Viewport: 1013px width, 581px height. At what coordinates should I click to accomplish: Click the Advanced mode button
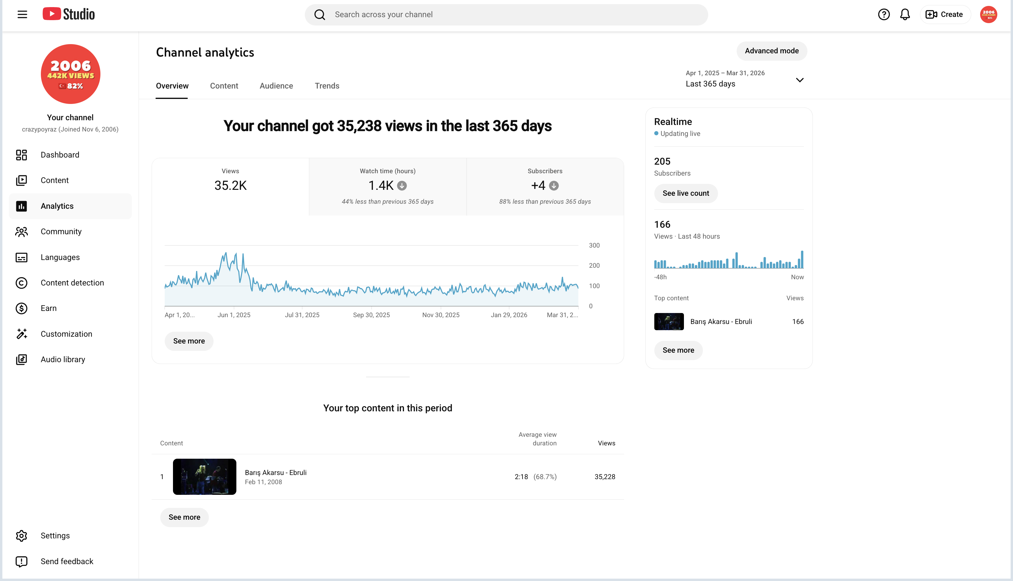point(772,51)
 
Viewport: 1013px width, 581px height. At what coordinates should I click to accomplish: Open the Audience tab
point(276,86)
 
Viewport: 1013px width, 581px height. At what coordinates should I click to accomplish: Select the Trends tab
point(327,86)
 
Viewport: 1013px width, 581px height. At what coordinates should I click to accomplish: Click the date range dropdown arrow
point(799,80)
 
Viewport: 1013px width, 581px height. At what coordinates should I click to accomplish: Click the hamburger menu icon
point(22,15)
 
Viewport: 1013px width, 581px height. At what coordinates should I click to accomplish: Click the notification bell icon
point(905,15)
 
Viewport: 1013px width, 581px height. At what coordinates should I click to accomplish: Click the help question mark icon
point(884,15)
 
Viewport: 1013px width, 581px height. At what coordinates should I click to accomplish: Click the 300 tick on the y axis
point(594,245)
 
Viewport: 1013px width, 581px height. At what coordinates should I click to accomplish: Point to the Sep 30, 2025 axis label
point(371,315)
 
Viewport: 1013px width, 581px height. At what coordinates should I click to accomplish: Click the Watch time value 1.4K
point(381,186)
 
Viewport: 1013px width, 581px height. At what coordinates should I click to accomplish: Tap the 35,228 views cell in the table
point(605,477)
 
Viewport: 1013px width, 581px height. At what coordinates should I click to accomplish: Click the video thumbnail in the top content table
point(204,477)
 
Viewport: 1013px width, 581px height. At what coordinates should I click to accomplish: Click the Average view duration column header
point(537,439)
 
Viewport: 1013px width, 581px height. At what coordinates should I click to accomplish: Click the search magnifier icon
point(319,15)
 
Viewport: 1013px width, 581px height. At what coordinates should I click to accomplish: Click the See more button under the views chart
point(189,341)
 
